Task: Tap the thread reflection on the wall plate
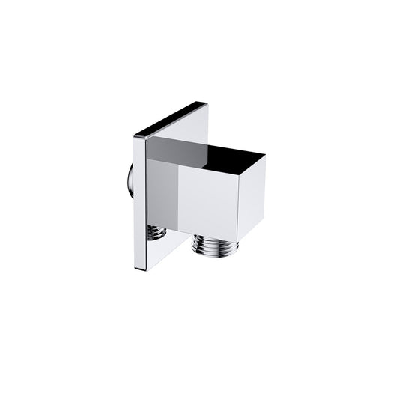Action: tap(156, 233)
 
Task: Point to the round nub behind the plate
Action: tap(131, 180)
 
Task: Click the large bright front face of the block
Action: tap(208, 200)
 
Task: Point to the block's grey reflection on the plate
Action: tap(163, 195)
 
